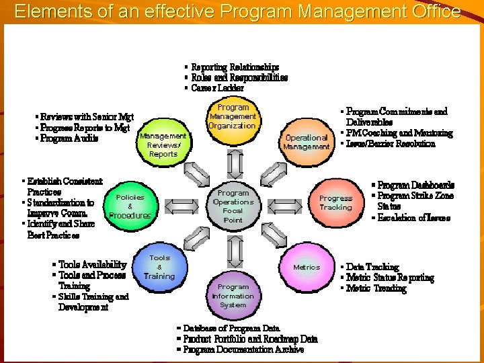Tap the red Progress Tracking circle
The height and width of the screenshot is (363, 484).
[335, 202]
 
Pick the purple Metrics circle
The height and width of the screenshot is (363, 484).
[306, 268]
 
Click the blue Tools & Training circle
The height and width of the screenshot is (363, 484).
[160, 267]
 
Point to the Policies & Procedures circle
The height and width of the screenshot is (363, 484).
[130, 206]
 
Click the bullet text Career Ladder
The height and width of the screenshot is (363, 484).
[217, 88]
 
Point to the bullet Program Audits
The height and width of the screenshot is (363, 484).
[69, 138]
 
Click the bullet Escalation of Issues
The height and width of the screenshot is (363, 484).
[413, 218]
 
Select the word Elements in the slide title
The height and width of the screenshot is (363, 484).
[46, 11]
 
